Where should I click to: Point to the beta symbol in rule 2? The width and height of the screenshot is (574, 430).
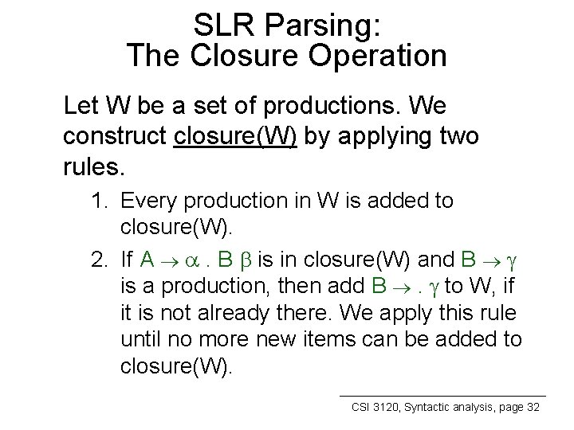(x=268, y=260)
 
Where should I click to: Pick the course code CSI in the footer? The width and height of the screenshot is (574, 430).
(x=364, y=407)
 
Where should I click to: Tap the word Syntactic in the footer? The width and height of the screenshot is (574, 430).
(x=431, y=407)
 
